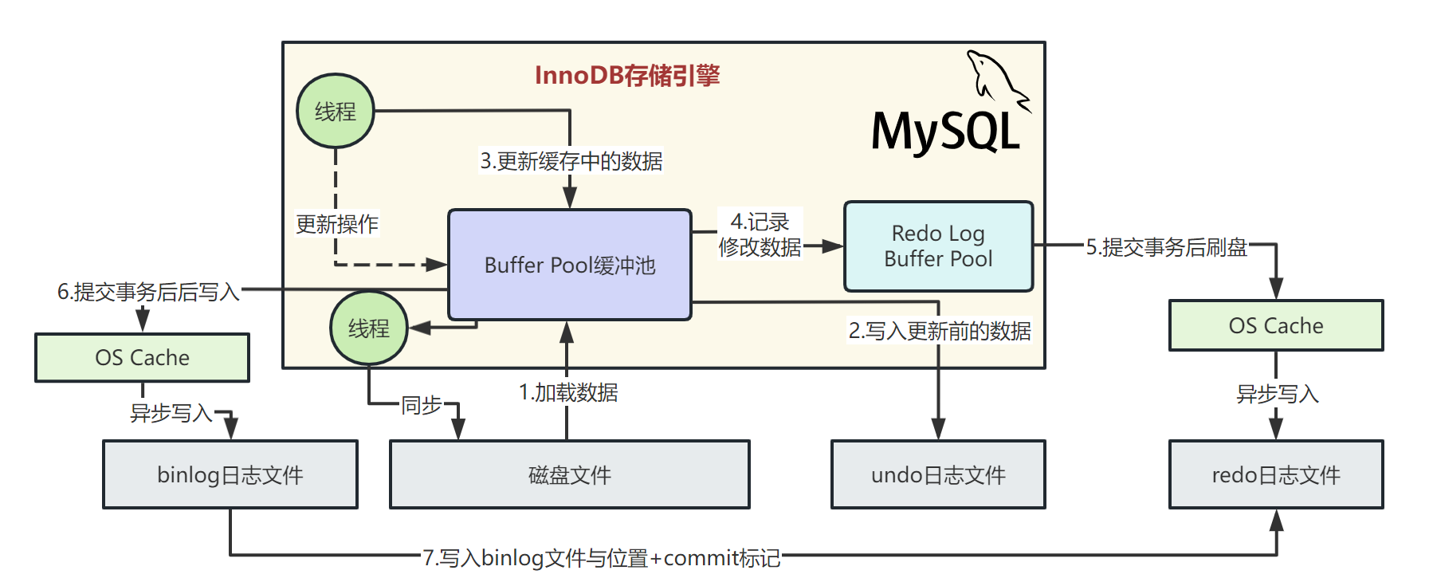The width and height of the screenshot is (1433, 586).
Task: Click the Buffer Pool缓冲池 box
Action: click(569, 265)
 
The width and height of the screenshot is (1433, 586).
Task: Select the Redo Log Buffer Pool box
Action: click(938, 246)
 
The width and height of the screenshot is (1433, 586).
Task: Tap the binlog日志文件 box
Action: click(230, 474)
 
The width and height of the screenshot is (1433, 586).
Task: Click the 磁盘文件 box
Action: click(569, 474)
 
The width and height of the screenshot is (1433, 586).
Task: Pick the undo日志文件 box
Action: click(938, 474)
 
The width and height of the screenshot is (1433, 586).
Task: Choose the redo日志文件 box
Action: click(1275, 474)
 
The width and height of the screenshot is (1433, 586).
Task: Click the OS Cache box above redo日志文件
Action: click(1275, 325)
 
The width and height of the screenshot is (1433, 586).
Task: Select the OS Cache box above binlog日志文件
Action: click(142, 357)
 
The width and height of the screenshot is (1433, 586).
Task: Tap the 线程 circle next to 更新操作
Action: click(336, 111)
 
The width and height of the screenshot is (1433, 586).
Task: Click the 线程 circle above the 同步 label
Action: click(369, 328)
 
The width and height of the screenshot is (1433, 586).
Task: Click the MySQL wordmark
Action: click(945, 132)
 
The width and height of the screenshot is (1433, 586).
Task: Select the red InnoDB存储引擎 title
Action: click(627, 75)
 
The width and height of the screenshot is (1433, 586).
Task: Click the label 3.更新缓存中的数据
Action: click(571, 161)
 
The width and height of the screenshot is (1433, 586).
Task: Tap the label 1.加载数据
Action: click(568, 392)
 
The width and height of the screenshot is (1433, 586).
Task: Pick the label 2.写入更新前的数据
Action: click(940, 330)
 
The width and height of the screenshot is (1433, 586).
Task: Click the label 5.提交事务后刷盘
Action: click(1166, 247)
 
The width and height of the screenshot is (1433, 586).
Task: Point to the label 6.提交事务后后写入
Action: click(148, 292)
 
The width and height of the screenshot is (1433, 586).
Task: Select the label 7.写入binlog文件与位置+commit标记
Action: click(601, 557)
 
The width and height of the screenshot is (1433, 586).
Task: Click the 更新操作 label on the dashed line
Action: click(337, 224)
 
